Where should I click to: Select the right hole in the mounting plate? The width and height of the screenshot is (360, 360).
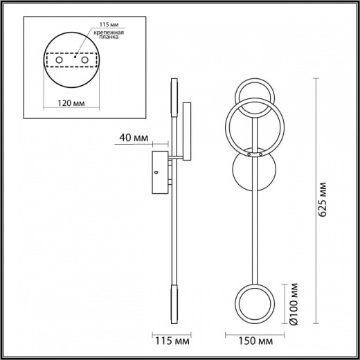(x=86, y=62)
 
